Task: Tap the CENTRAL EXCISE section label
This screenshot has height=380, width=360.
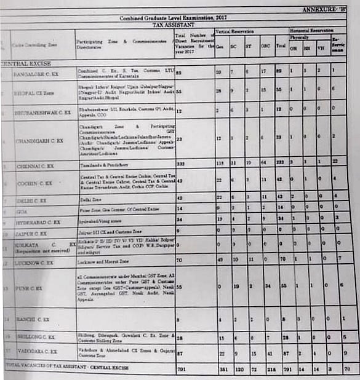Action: tap(26, 63)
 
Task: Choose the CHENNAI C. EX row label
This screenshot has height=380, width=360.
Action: tap(35, 166)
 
